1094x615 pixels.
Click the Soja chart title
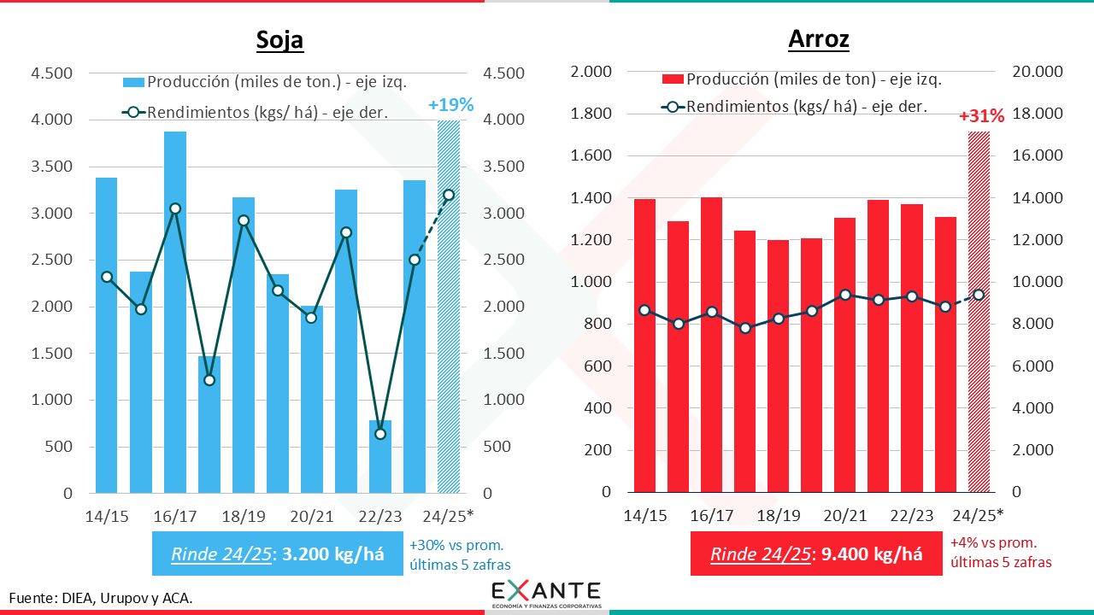pos(279,40)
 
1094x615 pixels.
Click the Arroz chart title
pos(818,39)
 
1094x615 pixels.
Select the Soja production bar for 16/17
pos(175,312)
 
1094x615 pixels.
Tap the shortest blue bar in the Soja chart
pos(380,456)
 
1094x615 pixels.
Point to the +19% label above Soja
pos(450,105)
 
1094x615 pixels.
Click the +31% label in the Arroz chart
pos(981,116)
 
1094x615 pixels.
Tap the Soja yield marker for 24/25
pos(449,195)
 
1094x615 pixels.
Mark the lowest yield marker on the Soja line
pos(380,434)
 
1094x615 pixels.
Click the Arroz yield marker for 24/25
pos(979,295)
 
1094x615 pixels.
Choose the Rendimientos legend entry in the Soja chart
pos(256,112)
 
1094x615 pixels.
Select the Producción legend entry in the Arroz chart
pos(803,79)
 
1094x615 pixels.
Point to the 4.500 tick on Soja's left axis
pos(52,73)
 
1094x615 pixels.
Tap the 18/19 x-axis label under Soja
pos(244,516)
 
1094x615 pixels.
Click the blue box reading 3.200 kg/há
pos(277,553)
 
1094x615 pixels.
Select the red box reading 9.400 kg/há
pos(815,553)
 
